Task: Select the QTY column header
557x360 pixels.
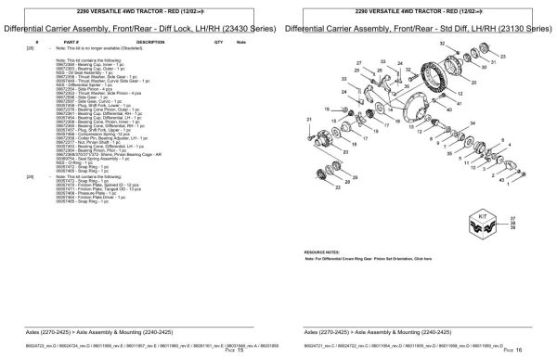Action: point(217,43)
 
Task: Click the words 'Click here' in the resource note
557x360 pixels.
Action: point(422,259)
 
